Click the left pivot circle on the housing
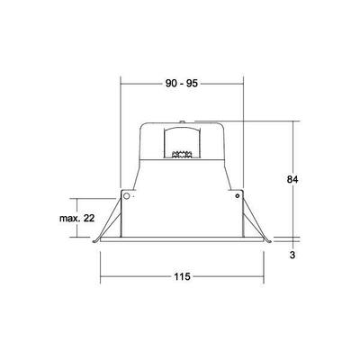[x=127, y=194]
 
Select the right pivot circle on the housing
[x=238, y=194]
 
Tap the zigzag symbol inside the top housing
[x=183, y=154]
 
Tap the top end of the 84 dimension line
[x=295, y=121]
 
